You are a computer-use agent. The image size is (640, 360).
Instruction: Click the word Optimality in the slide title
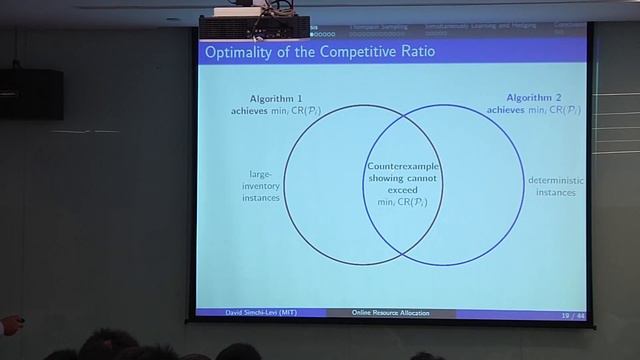pos(237,51)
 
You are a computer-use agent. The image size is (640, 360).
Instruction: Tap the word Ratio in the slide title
pos(412,51)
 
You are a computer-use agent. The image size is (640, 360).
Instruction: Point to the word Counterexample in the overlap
pos(403,166)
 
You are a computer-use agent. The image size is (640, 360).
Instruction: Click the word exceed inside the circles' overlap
pos(403,190)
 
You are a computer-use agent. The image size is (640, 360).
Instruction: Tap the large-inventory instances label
pos(261,185)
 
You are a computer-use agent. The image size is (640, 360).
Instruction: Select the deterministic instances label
pos(555,186)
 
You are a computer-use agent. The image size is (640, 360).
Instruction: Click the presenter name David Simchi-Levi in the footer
pos(260,313)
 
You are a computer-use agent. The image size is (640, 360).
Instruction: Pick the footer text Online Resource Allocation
pos(391,313)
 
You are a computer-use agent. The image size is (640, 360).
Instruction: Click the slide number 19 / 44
pos(572,315)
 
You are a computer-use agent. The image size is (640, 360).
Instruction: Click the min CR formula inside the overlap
pos(403,202)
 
